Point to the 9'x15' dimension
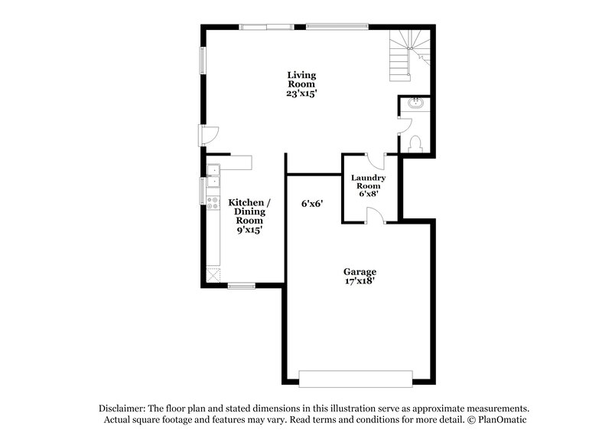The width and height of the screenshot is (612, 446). tap(249, 229)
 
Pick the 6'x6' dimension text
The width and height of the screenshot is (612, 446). tap(312, 204)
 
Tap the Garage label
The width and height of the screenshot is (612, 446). tap(359, 271)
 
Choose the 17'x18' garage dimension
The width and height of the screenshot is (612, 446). tap(359, 281)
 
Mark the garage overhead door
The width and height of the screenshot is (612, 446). tap(355, 379)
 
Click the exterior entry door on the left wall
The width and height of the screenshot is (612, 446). tap(208, 135)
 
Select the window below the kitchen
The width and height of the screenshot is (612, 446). tap(241, 286)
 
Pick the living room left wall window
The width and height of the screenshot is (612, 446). tap(203, 59)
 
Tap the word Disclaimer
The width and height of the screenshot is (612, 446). tap(123, 408)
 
